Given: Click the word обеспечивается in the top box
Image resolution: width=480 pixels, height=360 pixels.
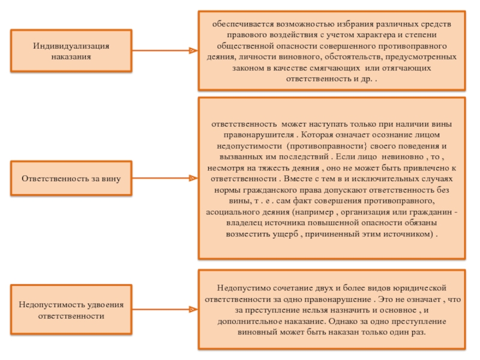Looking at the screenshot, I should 241,25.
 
